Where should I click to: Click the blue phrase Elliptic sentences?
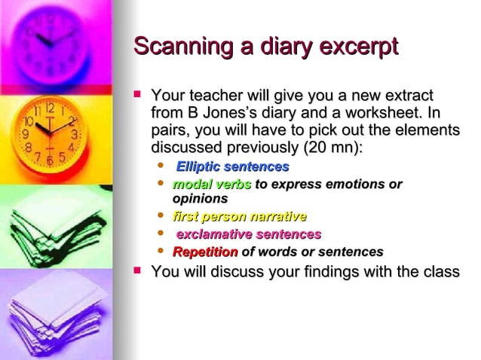click(232, 166)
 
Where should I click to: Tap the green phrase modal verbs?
click(212, 185)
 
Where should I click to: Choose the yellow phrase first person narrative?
click(239, 217)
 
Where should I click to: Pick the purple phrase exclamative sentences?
click(248, 234)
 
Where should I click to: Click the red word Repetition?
click(205, 252)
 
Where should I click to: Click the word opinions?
click(200, 199)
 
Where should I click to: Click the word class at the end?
click(440, 271)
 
